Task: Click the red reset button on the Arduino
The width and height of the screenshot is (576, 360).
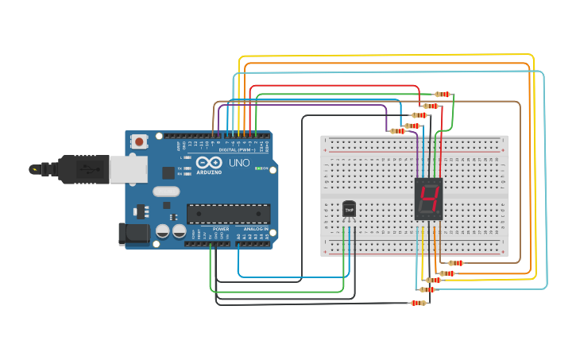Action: tap(140, 142)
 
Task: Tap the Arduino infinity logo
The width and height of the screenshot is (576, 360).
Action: tap(187, 163)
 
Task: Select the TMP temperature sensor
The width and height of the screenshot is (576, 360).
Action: tap(349, 208)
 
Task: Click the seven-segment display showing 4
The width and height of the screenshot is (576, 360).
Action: tap(429, 199)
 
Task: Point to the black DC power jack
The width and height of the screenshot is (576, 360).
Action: tap(133, 233)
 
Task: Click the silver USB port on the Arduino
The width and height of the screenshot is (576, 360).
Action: tap(122, 168)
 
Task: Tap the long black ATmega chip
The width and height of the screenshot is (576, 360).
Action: tap(228, 213)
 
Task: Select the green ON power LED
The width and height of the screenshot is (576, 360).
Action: tap(257, 168)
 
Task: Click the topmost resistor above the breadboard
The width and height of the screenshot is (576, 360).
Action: tap(443, 95)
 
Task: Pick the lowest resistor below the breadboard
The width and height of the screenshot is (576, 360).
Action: tap(419, 303)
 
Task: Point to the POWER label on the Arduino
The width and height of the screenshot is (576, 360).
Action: tap(220, 228)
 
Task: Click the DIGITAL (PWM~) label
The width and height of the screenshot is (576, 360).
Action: tap(237, 149)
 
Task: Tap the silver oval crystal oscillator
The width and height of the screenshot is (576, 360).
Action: tap(167, 191)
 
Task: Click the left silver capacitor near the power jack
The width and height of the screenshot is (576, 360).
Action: tap(163, 231)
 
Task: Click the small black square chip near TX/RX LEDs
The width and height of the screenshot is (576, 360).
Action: tap(168, 172)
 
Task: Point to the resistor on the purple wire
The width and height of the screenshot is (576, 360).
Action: tap(398, 131)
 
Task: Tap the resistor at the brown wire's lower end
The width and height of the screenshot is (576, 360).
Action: tap(455, 263)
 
